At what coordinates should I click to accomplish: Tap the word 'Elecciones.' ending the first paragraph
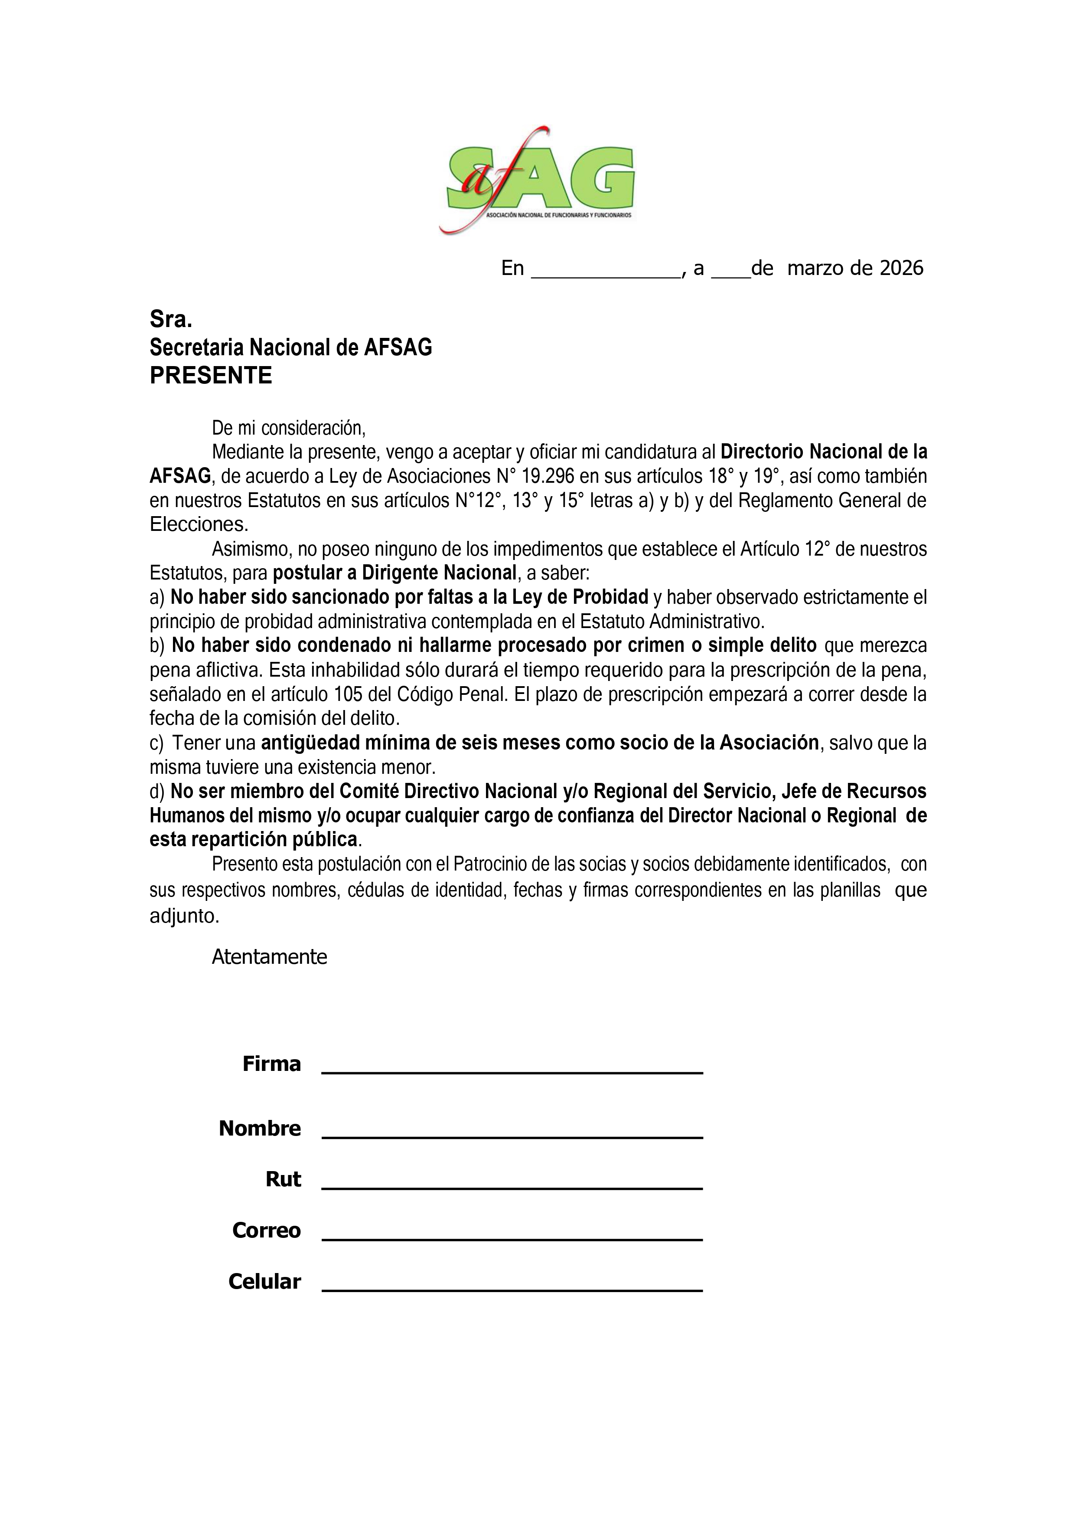[x=199, y=524]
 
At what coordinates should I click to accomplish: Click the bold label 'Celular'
[x=264, y=1281]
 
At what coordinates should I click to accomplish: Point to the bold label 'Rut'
[x=283, y=1179]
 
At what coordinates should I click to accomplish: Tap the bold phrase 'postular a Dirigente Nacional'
[x=394, y=573]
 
